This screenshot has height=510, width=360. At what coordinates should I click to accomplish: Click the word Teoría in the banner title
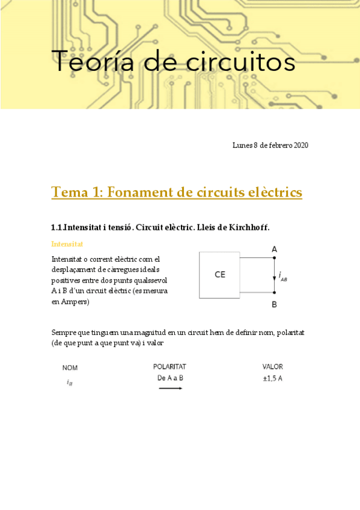pos(90,61)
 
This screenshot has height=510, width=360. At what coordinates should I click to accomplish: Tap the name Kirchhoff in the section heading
pos(247,227)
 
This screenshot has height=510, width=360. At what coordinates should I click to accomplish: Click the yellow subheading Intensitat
pos(67,244)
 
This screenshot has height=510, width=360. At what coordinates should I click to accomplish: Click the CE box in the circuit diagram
pos(220,275)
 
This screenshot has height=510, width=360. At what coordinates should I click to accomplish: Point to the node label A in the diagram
pos(274,249)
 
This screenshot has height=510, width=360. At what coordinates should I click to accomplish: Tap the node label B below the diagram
pos(274,305)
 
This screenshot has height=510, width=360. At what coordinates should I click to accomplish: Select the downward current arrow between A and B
pos(275,275)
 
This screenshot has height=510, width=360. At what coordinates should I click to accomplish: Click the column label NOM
pos(70,367)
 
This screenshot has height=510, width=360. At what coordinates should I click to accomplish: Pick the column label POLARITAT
pos(171,366)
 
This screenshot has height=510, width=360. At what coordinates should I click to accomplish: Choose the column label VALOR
pos(273,366)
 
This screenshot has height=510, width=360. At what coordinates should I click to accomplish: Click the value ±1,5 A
pos(273,378)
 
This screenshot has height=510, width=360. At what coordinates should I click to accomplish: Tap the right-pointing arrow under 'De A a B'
pos(171,389)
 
